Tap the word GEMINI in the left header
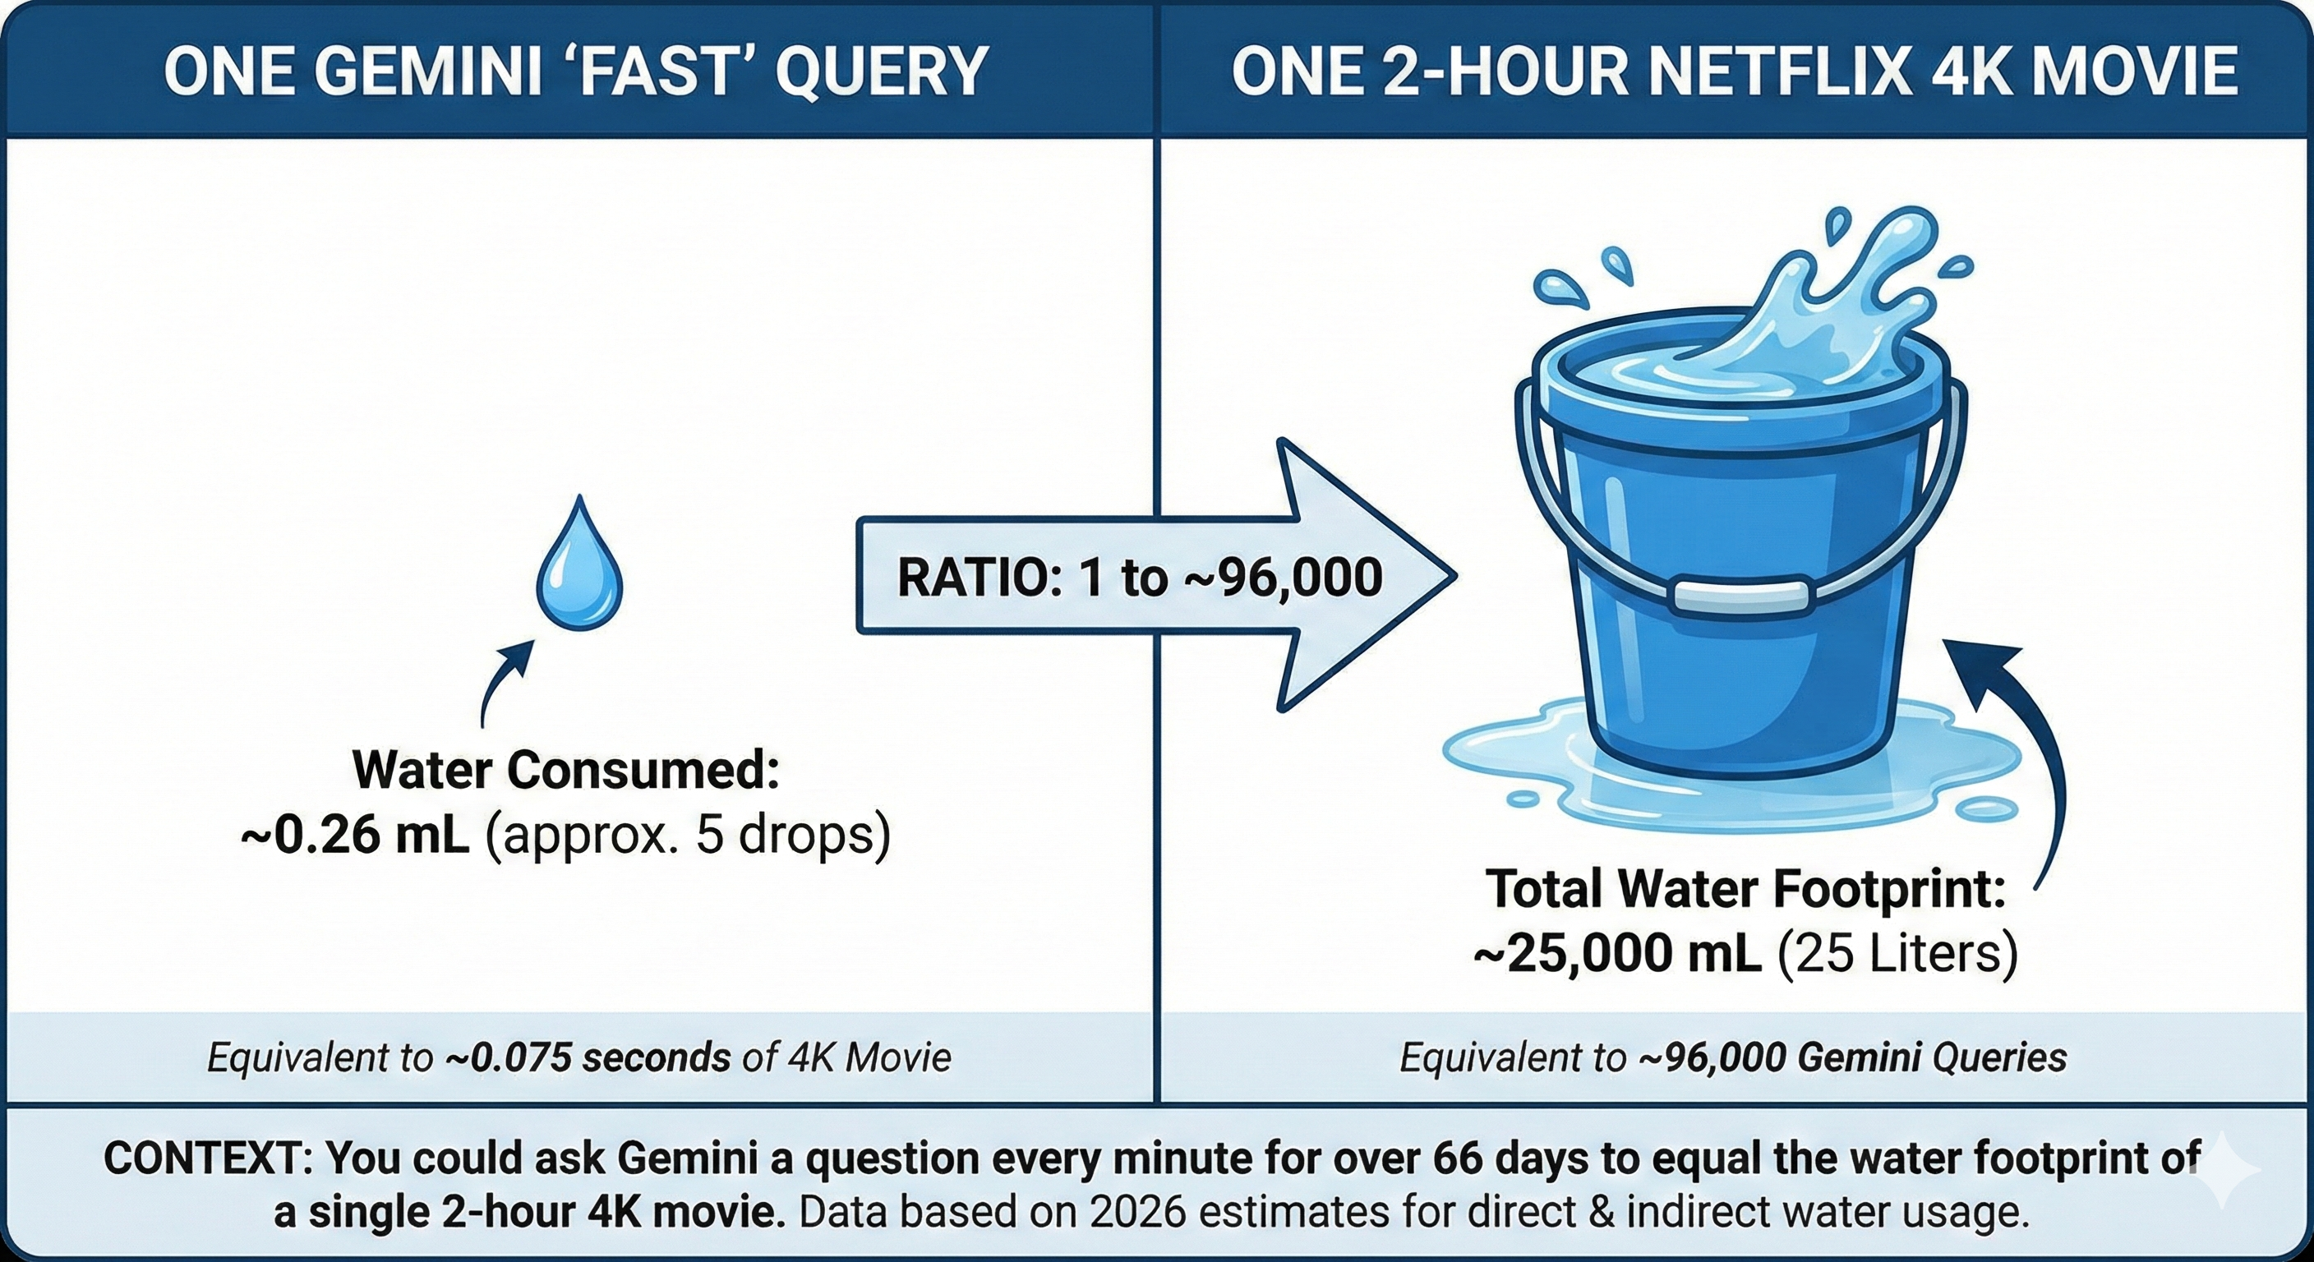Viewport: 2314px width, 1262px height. [x=430, y=71]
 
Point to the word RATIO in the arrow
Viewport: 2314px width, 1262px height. [x=970, y=577]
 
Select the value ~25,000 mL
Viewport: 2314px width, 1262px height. [x=1617, y=954]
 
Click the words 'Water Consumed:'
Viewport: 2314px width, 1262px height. [x=566, y=771]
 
